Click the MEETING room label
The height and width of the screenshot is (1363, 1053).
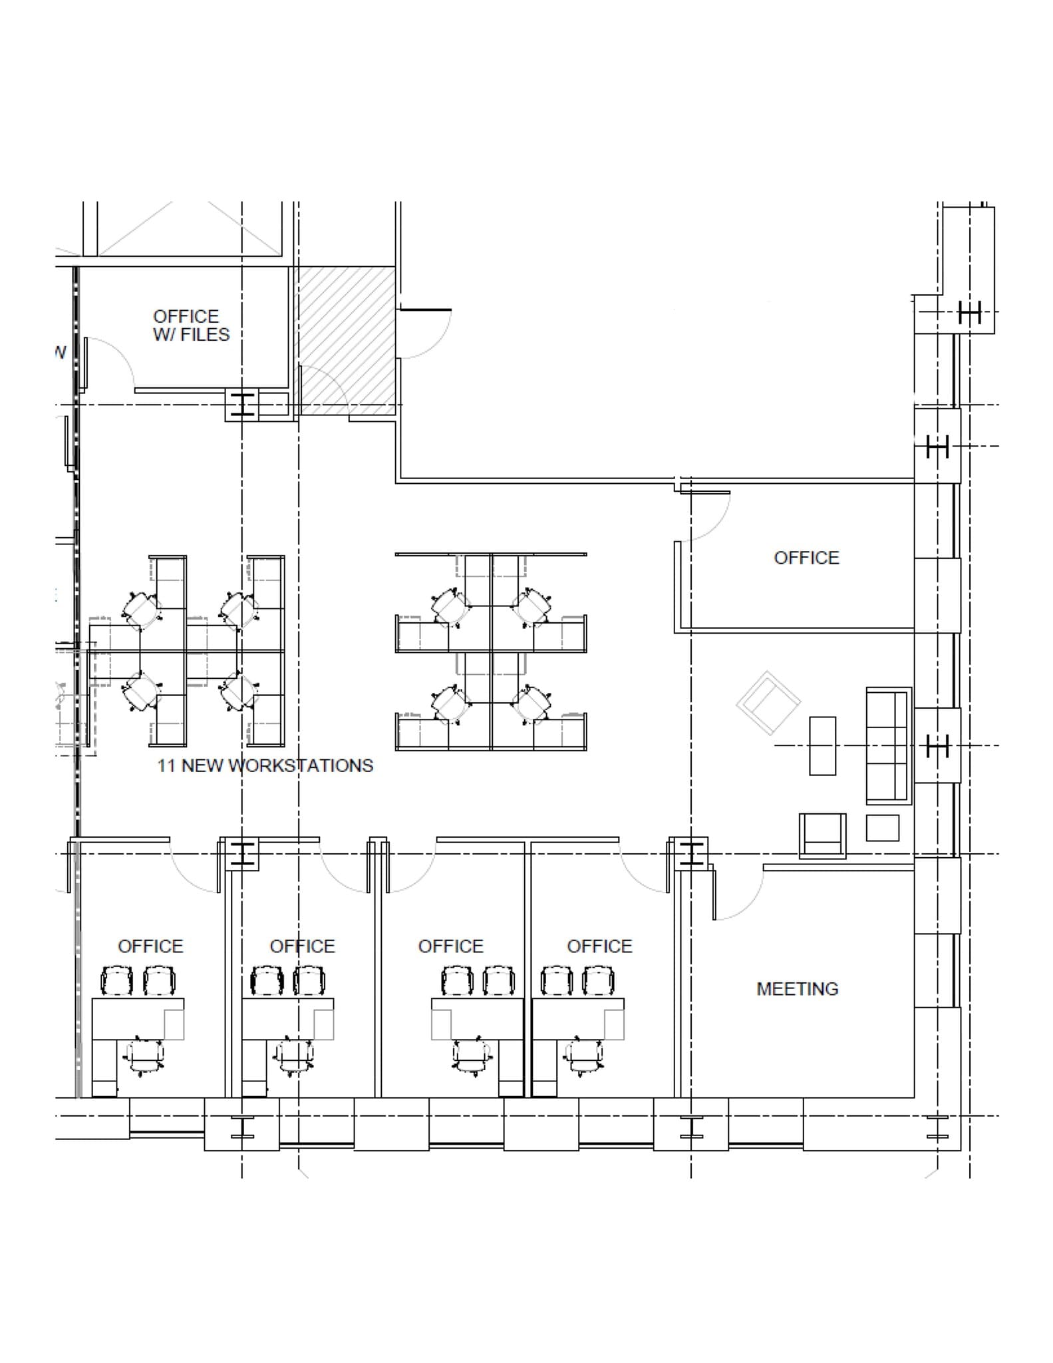(x=797, y=989)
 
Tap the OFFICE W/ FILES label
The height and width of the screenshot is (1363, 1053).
(x=191, y=325)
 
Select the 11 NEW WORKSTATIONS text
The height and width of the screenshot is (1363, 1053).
(x=265, y=765)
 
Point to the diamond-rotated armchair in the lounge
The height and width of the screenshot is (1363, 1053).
(x=768, y=703)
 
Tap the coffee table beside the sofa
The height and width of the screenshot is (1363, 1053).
(x=822, y=745)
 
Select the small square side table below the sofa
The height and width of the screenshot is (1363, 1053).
(x=882, y=828)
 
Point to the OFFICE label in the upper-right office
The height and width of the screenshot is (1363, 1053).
(x=806, y=558)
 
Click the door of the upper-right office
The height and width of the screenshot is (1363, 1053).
(x=705, y=516)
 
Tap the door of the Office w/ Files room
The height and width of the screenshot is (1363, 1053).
(x=110, y=363)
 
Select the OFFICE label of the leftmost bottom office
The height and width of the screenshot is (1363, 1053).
(x=150, y=946)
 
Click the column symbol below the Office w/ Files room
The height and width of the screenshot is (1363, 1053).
(x=243, y=405)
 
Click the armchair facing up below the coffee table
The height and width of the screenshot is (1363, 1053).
(x=823, y=835)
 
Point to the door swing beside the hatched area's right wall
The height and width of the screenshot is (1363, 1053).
(x=426, y=333)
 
